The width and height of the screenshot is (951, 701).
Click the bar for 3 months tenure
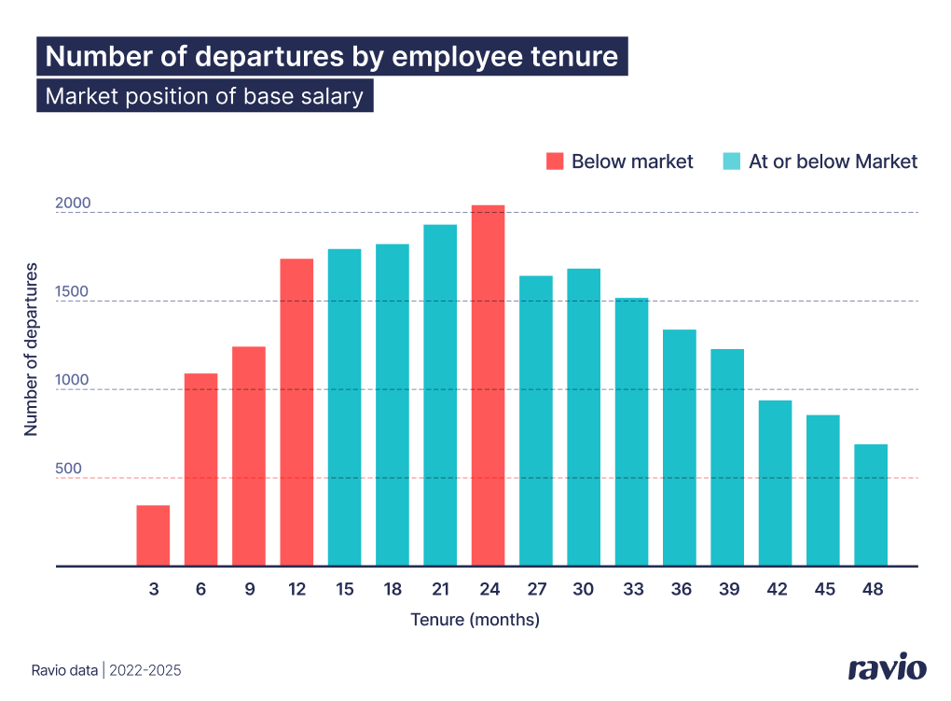153,536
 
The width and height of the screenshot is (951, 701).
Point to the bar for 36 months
679,447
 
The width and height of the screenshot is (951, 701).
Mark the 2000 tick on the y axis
72,203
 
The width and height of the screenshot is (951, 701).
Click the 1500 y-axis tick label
72,291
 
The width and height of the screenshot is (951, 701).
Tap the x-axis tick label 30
584,590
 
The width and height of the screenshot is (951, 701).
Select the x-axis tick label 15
344,590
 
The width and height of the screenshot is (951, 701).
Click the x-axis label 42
776,590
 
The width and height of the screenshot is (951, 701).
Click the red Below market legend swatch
556,161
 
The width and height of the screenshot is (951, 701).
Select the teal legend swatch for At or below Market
732,161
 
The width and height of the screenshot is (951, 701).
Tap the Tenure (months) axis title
475,619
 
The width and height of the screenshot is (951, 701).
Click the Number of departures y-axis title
31,349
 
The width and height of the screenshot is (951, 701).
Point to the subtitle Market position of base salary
204,96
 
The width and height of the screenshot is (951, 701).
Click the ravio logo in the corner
887,668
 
